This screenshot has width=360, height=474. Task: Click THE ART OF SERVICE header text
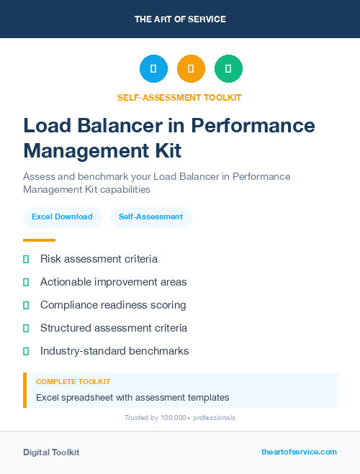(180, 19)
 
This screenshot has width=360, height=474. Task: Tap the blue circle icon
(153, 69)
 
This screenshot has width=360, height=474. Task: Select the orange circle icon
(191, 69)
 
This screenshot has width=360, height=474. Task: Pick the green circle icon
(228, 69)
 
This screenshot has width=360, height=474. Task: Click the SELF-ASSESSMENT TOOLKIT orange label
(179, 97)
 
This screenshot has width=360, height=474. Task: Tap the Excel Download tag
(62, 217)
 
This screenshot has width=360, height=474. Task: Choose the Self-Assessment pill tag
(150, 217)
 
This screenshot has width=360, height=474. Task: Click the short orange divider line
(39, 240)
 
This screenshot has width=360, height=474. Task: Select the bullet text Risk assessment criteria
(99, 259)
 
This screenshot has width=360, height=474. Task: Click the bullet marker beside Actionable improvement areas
(26, 282)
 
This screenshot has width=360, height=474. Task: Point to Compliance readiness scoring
(113, 305)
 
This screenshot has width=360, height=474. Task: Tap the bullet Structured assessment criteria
(114, 328)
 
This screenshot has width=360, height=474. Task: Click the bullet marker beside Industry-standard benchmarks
(26, 351)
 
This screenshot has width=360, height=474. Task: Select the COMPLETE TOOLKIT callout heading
(73, 382)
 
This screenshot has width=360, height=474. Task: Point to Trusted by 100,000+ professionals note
(180, 417)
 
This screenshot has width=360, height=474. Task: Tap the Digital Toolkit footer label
(51, 452)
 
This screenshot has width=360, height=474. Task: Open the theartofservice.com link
(299, 452)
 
